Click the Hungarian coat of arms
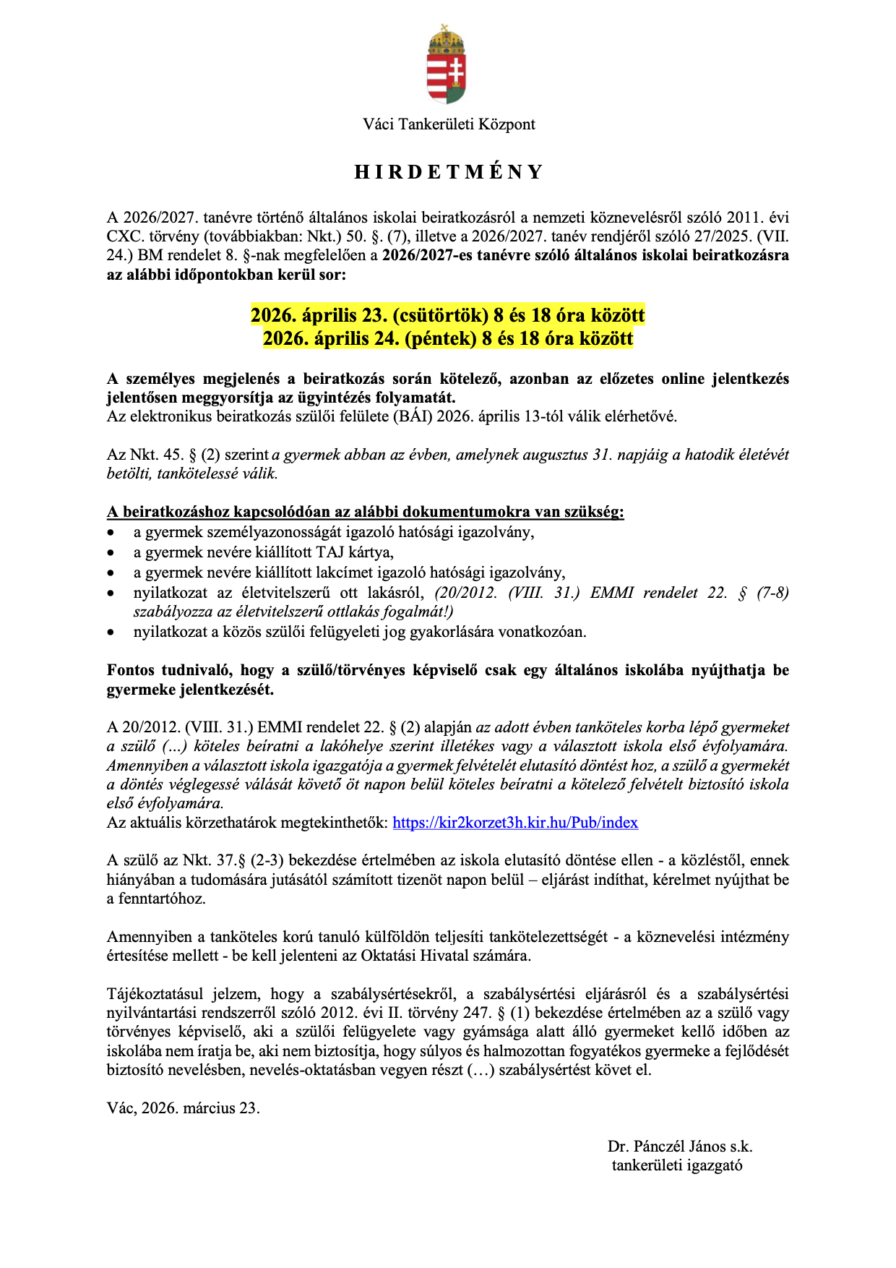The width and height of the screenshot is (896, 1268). tap(447, 65)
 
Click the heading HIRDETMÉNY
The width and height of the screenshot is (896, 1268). tap(448, 172)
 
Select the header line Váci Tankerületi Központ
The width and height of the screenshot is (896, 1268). tap(449, 124)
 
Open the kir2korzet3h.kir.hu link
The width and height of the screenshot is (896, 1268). tap(515, 823)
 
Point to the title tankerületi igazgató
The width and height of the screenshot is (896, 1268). tap(677, 1165)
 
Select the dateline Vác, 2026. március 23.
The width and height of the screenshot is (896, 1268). tap(184, 1108)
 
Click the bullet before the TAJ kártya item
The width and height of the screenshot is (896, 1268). tap(111, 553)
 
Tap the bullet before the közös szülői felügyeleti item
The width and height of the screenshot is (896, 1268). tap(111, 633)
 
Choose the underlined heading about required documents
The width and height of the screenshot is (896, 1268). tap(365, 513)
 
